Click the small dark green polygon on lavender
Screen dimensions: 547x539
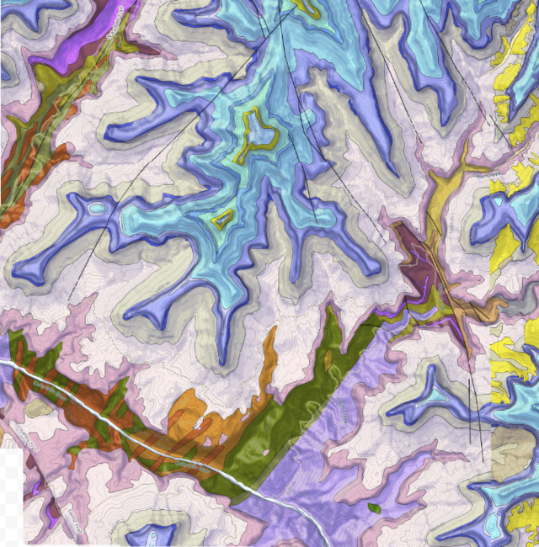(374, 507)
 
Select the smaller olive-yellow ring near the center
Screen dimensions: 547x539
(222, 220)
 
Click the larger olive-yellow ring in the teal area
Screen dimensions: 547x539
(258, 135)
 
